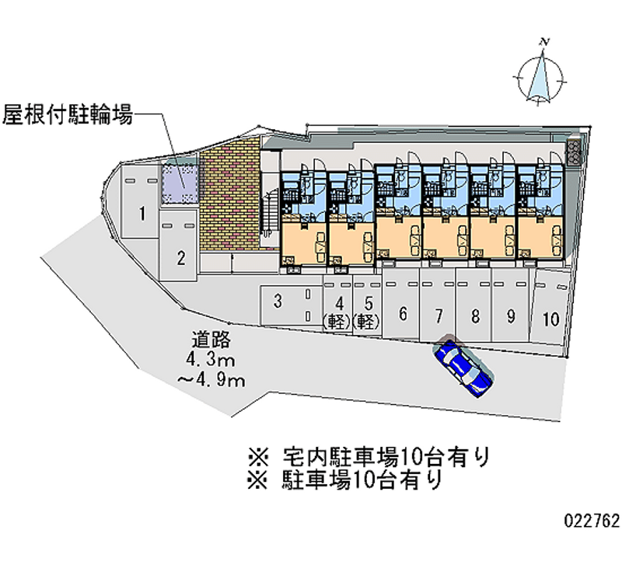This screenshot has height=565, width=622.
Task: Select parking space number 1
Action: click(x=142, y=212)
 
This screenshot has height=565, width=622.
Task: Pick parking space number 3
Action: click(x=278, y=302)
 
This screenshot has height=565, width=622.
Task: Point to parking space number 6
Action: click(x=403, y=314)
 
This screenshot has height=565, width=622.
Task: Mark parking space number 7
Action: click(x=439, y=315)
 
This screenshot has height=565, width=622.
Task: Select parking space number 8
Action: click(x=474, y=316)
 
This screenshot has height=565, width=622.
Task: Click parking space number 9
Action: click(x=511, y=316)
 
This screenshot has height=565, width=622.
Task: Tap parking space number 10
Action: click(x=551, y=319)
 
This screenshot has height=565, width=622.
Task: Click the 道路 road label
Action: click(x=211, y=340)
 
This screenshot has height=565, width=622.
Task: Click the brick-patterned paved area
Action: click(x=229, y=199)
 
